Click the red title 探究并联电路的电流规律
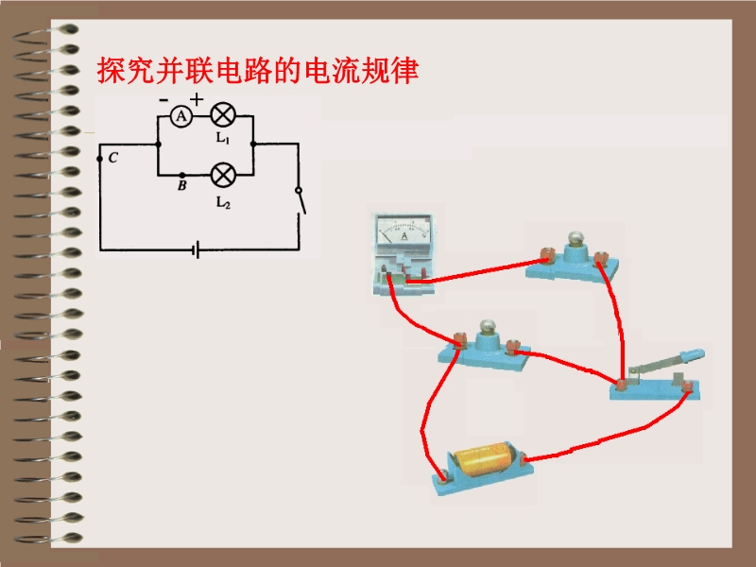click(x=258, y=72)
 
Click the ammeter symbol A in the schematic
click(x=181, y=115)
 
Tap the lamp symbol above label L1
click(x=223, y=115)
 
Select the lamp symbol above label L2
click(x=223, y=175)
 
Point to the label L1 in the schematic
click(x=223, y=138)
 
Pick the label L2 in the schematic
click(x=223, y=201)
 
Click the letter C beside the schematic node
click(x=112, y=158)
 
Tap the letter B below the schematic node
click(x=181, y=187)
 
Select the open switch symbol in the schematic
click(x=300, y=199)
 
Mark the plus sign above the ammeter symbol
click(x=197, y=99)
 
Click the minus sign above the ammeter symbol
click(x=164, y=99)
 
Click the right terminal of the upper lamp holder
click(x=599, y=255)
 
